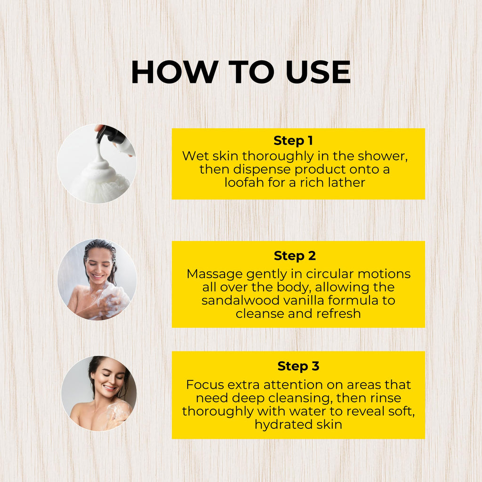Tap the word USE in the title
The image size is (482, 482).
point(318,72)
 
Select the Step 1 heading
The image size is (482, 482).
point(293,140)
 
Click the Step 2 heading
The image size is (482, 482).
point(295,256)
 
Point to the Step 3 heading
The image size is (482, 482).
point(298,366)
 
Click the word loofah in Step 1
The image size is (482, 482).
point(244,183)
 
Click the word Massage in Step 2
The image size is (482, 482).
point(214,274)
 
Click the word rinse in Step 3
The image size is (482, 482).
point(386,398)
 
